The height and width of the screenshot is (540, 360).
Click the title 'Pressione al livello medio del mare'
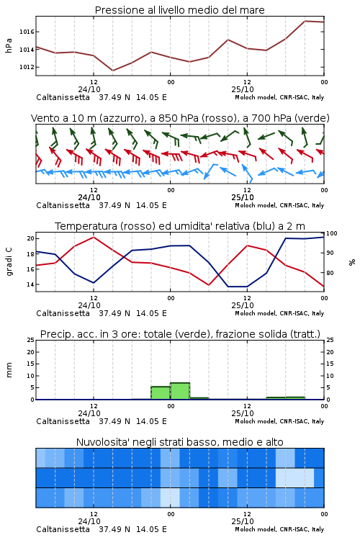pyautogui.click(x=179, y=10)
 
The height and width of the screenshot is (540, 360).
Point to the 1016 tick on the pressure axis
pyautogui.click(x=27, y=32)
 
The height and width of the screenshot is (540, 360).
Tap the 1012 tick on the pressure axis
pyautogui.click(x=27, y=67)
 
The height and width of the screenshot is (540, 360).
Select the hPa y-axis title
pyautogui.click(x=9, y=45)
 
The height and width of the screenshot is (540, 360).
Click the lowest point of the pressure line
pyautogui.click(x=112, y=71)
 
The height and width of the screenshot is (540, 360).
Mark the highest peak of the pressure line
pyautogui.click(x=305, y=21)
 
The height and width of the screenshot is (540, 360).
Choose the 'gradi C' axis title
pyautogui.click(x=9, y=262)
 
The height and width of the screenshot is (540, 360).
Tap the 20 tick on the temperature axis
pyautogui.click(x=31, y=238)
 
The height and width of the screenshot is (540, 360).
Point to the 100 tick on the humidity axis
pyautogui.click(x=332, y=233)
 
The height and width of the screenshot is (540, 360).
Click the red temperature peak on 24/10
pyautogui.click(x=94, y=237)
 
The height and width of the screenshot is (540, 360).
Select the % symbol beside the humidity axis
pyautogui.click(x=352, y=262)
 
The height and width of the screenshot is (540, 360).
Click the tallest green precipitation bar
pyautogui.click(x=180, y=391)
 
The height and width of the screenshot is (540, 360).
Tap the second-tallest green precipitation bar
pyautogui.click(x=161, y=393)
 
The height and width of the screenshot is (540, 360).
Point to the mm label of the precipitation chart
pyautogui.click(x=9, y=370)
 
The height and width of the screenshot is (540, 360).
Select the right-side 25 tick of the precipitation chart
pyautogui.click(x=330, y=340)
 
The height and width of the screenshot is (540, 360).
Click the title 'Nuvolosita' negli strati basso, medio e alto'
pyautogui.click(x=179, y=442)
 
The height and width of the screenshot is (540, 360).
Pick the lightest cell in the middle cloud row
pyautogui.click(x=295, y=477)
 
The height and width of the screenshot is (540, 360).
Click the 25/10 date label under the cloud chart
pyautogui.click(x=243, y=521)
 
